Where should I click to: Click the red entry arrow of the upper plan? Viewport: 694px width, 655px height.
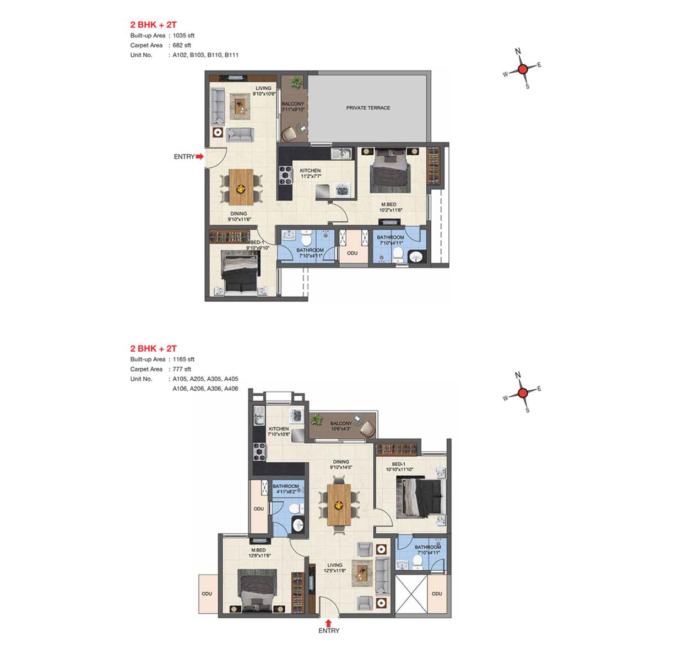[199, 156]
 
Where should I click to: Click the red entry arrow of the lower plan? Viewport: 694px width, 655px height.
[328, 623]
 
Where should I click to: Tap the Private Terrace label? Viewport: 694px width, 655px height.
[368, 108]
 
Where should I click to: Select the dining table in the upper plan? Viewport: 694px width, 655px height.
[241, 187]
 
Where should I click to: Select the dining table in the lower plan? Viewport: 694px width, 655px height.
[339, 504]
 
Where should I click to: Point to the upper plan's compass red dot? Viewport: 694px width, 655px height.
[522, 69]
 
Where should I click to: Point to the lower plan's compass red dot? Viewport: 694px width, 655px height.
[522, 393]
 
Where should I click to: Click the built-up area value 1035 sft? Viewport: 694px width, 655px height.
[183, 36]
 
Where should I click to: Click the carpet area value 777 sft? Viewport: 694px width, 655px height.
[182, 369]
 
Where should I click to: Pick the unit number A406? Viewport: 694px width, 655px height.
[231, 389]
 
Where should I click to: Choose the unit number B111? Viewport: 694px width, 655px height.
[231, 55]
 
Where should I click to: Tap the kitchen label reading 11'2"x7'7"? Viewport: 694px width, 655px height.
[311, 177]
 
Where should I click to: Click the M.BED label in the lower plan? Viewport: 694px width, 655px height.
[258, 550]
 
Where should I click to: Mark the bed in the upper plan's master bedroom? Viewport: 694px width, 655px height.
[389, 170]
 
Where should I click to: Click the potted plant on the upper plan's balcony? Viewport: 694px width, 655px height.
[296, 82]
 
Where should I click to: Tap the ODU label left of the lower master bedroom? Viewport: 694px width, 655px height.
[207, 593]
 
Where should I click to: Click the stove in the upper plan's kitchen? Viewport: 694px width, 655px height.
[285, 175]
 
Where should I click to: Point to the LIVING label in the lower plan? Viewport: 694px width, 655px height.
[334, 565]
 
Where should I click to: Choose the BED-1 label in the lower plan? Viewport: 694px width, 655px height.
[398, 464]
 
